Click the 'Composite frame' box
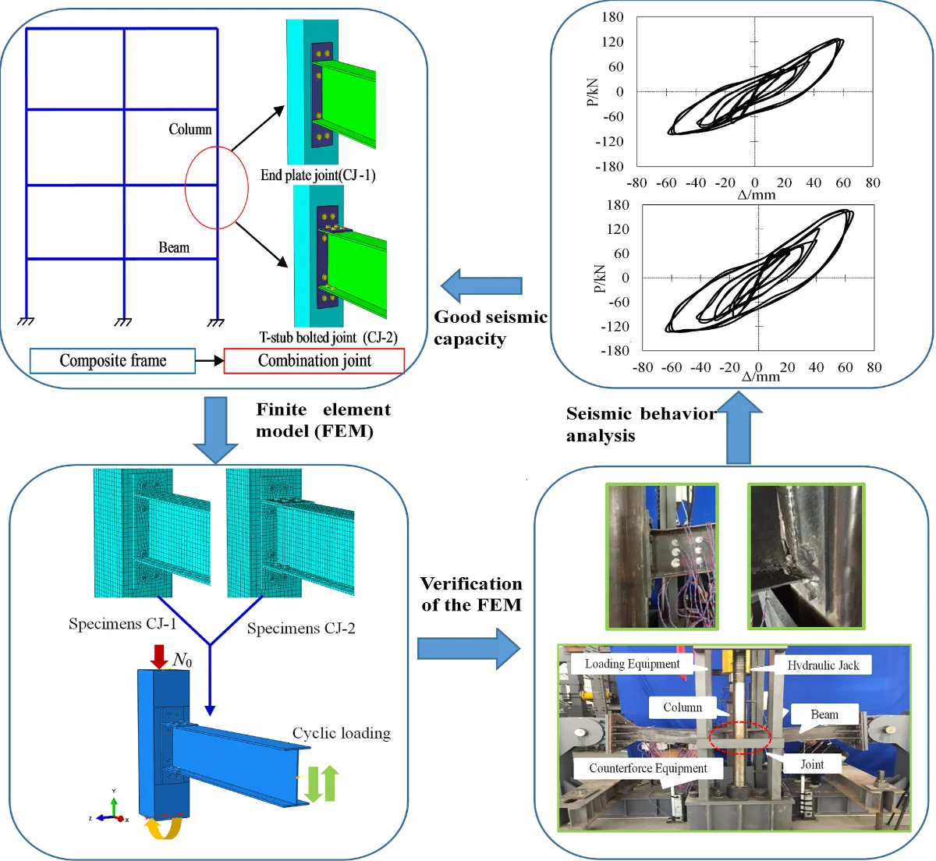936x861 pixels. coord(112,361)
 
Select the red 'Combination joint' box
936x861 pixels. coord(314,361)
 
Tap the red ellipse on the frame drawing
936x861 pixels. coord(216,187)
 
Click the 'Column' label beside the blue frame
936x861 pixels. coord(190,129)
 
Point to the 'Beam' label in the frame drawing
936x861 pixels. coord(174,247)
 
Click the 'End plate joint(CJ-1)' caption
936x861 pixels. coord(318,175)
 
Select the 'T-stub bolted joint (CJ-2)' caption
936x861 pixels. coord(328,338)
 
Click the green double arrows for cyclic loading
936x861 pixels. coord(321,784)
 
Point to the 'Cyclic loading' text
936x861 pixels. coord(341,733)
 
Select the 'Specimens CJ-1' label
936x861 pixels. coord(122,624)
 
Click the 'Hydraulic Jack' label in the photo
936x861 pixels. coord(823,665)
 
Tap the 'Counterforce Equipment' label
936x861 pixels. coord(648,768)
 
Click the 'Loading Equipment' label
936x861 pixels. coord(633,664)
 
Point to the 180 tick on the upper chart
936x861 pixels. coord(613,17)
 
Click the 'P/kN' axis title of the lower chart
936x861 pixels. coord(600,278)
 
